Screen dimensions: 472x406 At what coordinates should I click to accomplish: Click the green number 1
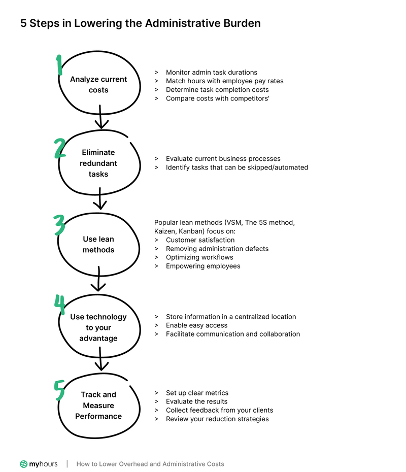59,65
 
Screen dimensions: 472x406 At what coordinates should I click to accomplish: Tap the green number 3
60,225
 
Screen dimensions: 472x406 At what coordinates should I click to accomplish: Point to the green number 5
59,390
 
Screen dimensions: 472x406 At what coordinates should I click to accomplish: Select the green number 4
60,305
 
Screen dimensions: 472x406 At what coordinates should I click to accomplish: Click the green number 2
60,149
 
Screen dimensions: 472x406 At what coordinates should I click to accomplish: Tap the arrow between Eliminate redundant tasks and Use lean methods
100,198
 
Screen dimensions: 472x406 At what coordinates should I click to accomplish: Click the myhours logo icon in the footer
24,464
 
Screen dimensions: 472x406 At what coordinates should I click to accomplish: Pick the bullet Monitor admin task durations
211,73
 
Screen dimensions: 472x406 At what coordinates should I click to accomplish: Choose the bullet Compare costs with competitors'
217,98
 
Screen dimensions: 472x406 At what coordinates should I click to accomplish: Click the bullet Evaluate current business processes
223,159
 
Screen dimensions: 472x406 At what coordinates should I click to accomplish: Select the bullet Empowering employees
203,266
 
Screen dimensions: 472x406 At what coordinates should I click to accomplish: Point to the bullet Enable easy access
196,325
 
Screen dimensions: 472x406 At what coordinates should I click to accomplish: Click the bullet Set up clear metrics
197,393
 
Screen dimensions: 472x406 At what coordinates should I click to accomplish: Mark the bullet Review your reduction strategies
217,419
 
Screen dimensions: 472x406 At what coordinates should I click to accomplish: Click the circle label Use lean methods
98,244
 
